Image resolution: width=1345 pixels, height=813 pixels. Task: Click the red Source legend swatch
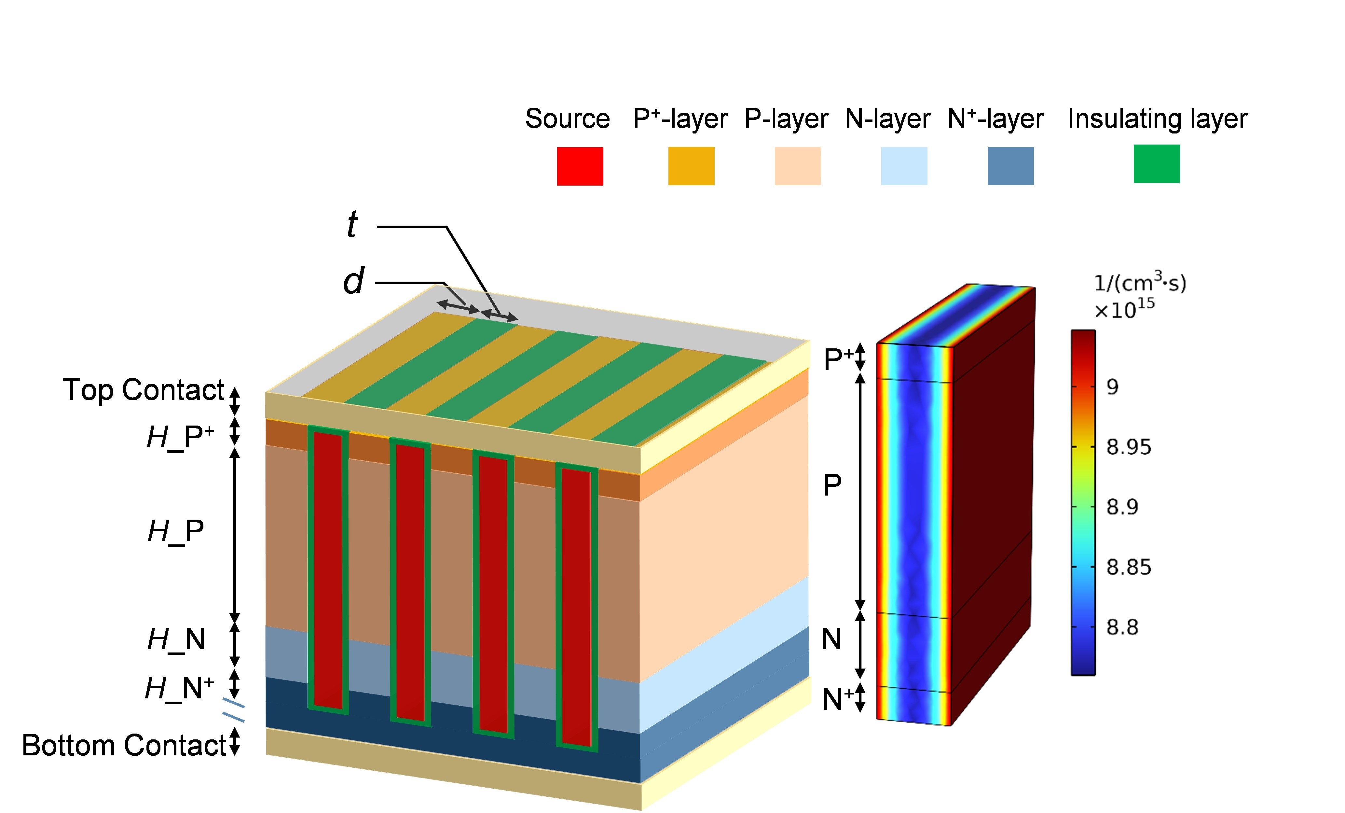(580, 166)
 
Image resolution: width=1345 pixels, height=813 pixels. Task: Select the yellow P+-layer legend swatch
(691, 166)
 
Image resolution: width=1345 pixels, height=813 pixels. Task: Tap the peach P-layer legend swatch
(798, 166)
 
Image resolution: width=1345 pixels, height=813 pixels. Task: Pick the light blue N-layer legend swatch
(904, 166)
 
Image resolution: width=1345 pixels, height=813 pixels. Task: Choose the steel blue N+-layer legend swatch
(1010, 166)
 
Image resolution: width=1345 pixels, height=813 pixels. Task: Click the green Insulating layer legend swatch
(1157, 164)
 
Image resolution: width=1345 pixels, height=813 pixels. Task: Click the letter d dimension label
(354, 282)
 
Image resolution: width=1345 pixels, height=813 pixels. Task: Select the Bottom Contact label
(124, 745)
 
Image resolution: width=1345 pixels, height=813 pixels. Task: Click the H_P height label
(176, 531)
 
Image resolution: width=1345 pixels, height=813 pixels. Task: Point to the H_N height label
(176, 639)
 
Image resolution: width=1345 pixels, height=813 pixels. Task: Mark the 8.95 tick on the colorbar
(1128, 447)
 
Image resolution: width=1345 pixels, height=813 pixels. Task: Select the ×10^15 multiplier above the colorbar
(1124, 310)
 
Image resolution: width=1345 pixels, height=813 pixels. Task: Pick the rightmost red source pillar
(576, 606)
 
